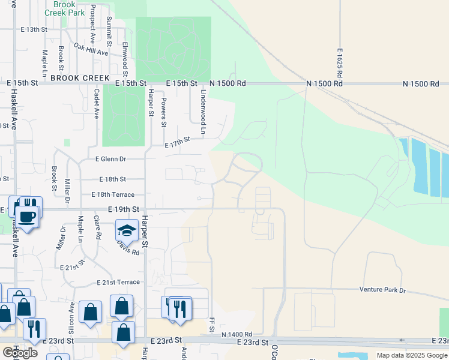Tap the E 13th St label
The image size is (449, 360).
[33, 29]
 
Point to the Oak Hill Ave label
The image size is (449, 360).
[90, 49]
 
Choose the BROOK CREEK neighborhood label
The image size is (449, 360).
[80, 78]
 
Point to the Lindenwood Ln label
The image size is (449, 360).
[203, 104]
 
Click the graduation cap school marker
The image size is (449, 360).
[127, 230]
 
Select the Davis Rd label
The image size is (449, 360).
[128, 247]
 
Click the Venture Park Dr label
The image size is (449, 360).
[382, 290]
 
